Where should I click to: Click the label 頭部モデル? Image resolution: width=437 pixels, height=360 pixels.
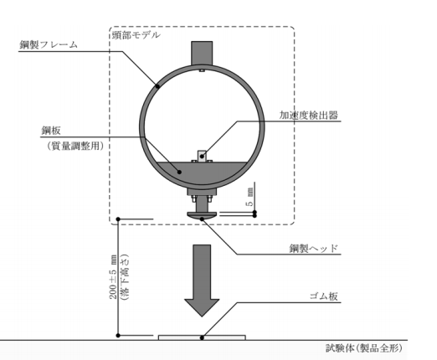click(136, 35)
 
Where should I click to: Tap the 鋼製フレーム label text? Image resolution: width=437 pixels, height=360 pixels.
click(49, 44)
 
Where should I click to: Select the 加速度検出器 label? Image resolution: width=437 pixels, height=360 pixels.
click(309, 115)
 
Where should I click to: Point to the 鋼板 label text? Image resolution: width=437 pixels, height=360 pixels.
click(51, 131)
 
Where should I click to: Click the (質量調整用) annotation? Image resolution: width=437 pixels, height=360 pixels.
click(75, 146)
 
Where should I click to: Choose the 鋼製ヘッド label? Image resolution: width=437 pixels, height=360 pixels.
click(314, 248)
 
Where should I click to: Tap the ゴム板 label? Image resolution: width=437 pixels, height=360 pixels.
click(324, 296)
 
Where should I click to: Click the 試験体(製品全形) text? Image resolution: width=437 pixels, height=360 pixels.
click(364, 348)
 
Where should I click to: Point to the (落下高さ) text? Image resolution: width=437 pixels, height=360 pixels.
click(124, 276)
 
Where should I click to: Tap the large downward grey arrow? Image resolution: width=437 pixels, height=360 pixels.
click(202, 280)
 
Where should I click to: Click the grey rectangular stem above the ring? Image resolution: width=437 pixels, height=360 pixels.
click(202, 54)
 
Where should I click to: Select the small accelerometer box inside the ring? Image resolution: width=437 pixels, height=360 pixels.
click(202, 156)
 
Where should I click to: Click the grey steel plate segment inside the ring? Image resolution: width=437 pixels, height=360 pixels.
click(202, 173)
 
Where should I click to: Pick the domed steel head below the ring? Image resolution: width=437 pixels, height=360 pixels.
click(202, 215)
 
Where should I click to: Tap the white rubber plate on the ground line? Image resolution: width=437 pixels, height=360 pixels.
click(202, 337)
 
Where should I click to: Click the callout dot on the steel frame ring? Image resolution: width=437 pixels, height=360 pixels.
click(157, 86)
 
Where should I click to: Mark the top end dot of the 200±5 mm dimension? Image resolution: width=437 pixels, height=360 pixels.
click(118, 219)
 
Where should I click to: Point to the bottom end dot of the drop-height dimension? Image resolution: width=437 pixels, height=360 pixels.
click(118, 335)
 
